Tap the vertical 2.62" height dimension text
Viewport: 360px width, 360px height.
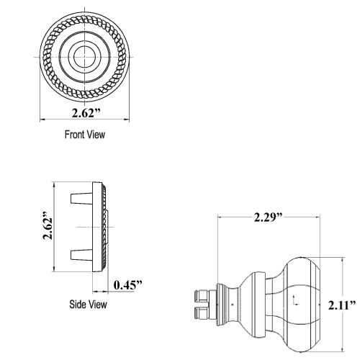(48, 228)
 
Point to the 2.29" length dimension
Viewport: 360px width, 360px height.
(268, 216)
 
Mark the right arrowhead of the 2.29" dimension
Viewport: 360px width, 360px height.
(320, 216)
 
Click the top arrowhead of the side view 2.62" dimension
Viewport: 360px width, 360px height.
(55, 186)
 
